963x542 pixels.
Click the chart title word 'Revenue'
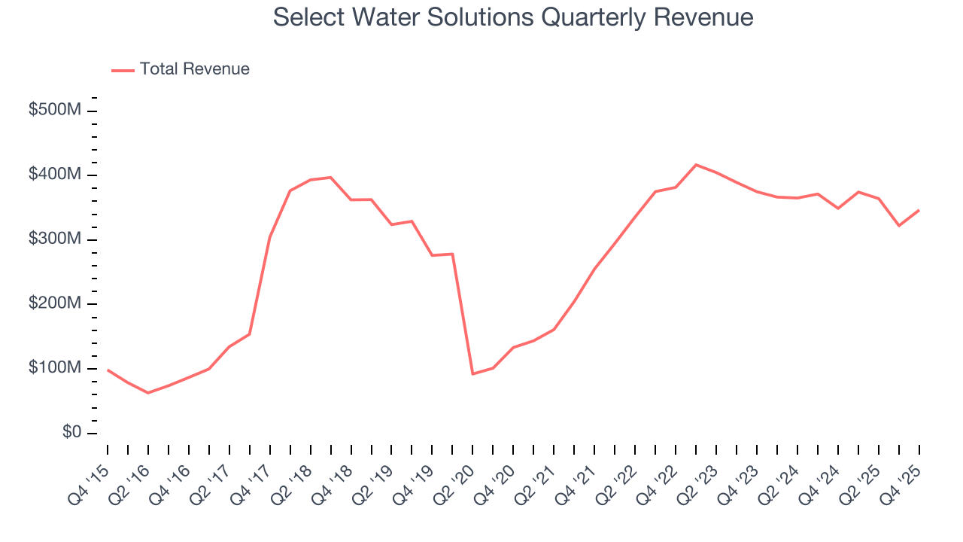tap(706, 17)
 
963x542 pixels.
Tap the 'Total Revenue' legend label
tap(194, 69)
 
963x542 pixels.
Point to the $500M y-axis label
tap(54, 111)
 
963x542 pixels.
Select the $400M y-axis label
tap(54, 175)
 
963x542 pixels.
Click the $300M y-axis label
tap(54, 239)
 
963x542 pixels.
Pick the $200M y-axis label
tap(54, 303)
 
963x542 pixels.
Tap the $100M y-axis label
tap(54, 368)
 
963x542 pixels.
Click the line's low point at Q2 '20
tap(472, 373)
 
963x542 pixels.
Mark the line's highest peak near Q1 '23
tap(696, 165)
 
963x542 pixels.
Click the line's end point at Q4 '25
tap(919, 210)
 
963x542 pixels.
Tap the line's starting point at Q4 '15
tap(108, 370)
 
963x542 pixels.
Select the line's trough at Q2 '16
tap(148, 393)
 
